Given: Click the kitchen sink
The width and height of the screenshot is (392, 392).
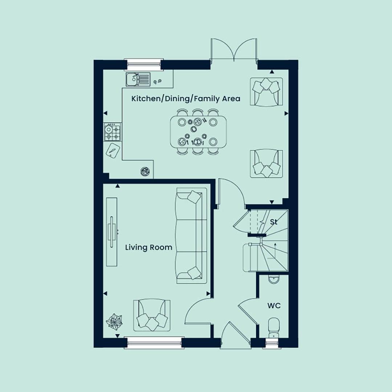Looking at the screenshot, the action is [x=138, y=79].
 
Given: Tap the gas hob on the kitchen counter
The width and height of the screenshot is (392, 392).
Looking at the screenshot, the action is [x=113, y=132].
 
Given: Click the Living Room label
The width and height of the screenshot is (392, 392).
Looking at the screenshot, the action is [x=149, y=248].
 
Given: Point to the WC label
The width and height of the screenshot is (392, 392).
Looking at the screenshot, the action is [x=274, y=306].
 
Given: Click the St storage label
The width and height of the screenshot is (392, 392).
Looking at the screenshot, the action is [x=274, y=222].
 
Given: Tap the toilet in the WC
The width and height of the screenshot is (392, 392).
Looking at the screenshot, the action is [x=274, y=328].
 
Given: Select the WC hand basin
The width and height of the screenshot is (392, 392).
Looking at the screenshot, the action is [x=274, y=279].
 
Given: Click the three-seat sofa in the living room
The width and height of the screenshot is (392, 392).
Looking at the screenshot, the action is [x=192, y=236].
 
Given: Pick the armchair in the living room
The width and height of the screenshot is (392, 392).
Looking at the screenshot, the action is [x=152, y=315].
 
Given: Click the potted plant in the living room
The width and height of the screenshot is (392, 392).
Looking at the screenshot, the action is [x=114, y=321].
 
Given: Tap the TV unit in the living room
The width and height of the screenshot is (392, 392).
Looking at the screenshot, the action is [x=112, y=232].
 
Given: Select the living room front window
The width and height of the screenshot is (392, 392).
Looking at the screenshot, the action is [x=154, y=342].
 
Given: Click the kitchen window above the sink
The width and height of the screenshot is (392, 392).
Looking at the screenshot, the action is [x=144, y=65].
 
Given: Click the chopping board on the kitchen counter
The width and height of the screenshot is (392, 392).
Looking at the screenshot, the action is [x=113, y=151].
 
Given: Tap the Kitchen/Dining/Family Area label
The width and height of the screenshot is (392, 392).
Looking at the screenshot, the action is [x=186, y=99].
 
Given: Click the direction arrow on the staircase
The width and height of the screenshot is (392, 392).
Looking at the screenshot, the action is [x=275, y=250].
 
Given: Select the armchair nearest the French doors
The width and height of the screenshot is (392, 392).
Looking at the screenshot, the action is [x=266, y=92].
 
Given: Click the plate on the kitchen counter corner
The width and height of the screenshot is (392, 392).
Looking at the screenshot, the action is [x=145, y=171].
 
